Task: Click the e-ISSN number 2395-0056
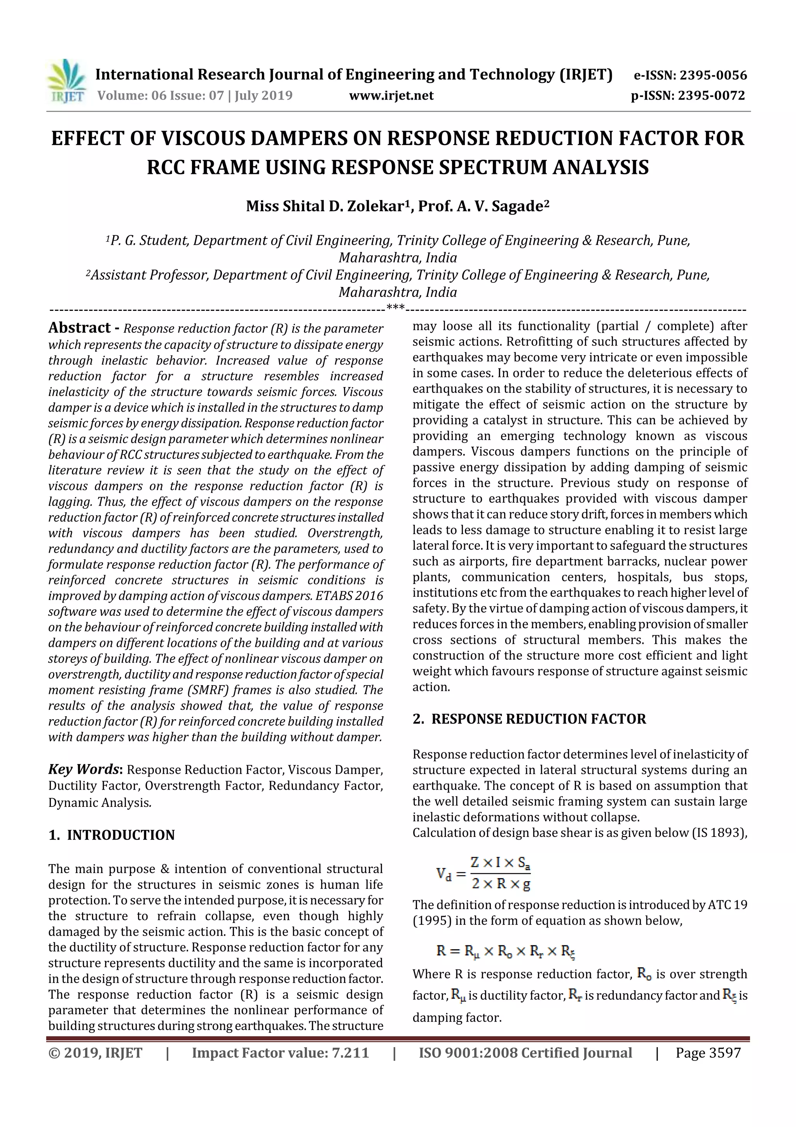(x=713, y=75)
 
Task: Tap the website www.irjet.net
(x=391, y=95)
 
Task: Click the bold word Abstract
(x=79, y=328)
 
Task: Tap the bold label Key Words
(x=84, y=769)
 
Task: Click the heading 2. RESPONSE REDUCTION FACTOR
(x=529, y=719)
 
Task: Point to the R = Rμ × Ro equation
(x=505, y=951)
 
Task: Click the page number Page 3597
(x=708, y=1052)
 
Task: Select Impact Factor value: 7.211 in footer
(x=280, y=1052)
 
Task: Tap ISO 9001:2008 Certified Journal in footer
(x=525, y=1052)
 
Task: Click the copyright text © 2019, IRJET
(x=95, y=1052)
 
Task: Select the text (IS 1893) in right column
(x=719, y=833)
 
